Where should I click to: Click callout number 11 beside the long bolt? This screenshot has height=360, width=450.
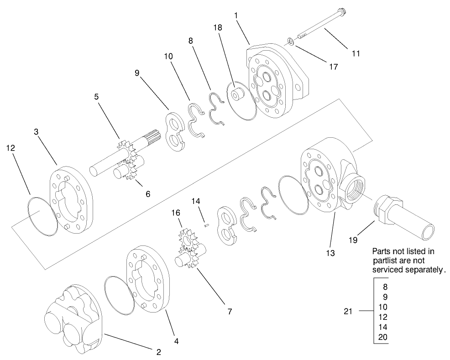click(356, 53)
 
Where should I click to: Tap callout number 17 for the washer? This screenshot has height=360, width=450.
click(333, 67)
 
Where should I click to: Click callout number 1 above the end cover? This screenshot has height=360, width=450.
click(236, 15)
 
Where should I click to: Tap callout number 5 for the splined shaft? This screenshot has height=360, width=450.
click(96, 97)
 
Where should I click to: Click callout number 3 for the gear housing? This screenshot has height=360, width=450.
click(37, 132)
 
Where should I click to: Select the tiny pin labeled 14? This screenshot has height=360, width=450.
click(207, 224)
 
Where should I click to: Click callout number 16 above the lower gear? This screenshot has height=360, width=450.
click(176, 213)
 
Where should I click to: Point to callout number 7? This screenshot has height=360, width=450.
click(229, 312)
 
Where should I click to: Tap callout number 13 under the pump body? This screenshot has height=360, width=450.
click(330, 252)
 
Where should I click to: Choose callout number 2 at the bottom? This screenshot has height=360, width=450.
click(158, 352)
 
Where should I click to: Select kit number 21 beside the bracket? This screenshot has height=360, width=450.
click(348, 312)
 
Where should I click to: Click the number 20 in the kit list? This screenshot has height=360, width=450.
click(383, 338)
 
